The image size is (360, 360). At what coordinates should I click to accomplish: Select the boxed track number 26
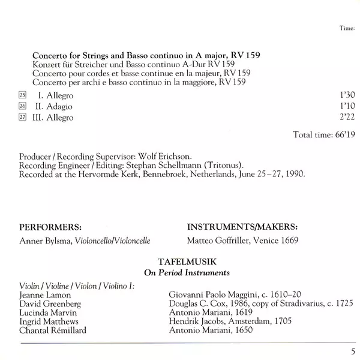click(x=23, y=107)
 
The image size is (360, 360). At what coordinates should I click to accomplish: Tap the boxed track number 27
click(x=23, y=118)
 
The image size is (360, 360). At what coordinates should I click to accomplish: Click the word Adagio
click(x=59, y=107)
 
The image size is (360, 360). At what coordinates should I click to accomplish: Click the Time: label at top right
click(x=348, y=27)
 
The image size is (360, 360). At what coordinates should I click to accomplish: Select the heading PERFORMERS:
click(x=50, y=227)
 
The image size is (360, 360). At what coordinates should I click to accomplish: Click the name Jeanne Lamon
click(x=45, y=295)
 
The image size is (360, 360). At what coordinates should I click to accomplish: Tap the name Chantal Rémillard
click(x=52, y=330)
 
